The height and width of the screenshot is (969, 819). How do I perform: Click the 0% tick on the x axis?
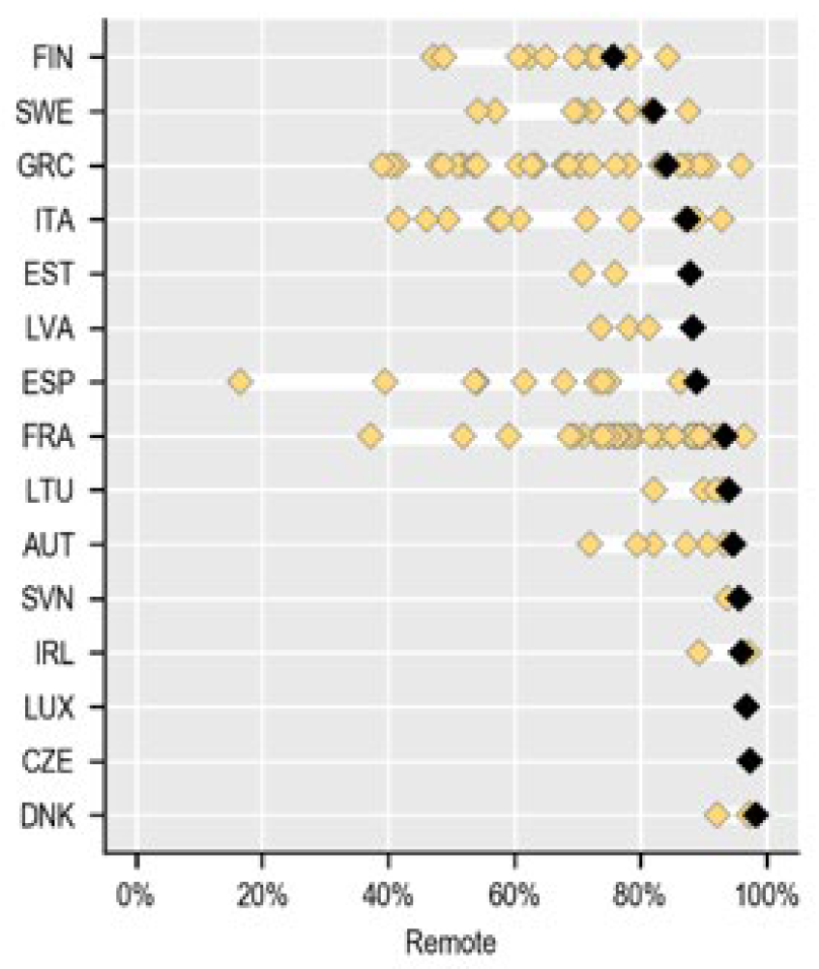click(x=137, y=895)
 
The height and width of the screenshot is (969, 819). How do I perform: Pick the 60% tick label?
click(x=514, y=895)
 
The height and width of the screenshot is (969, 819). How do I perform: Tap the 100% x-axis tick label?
click(x=766, y=895)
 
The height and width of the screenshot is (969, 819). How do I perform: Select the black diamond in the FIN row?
click(x=612, y=57)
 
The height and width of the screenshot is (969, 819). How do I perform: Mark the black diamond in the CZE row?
click(x=749, y=762)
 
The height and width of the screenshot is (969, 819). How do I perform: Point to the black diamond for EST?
click(x=688, y=274)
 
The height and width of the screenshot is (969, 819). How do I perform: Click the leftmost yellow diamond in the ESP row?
click(x=240, y=382)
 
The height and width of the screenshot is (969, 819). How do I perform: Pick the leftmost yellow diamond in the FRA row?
click(x=369, y=436)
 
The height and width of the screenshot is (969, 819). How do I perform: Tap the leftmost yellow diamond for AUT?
click(x=589, y=544)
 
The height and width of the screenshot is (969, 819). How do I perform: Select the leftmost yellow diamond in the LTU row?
click(x=654, y=490)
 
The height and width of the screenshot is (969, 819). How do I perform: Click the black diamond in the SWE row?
click(x=654, y=111)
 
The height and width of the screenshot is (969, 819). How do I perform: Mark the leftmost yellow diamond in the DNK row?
click(x=717, y=816)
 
